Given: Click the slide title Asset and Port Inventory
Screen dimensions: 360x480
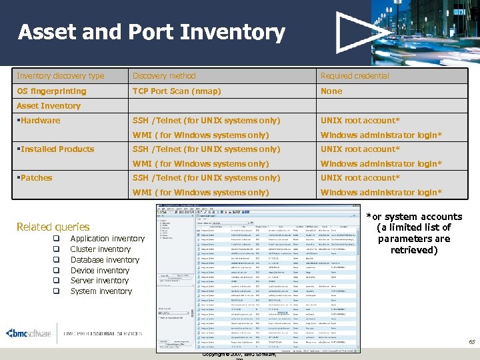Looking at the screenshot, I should pyautogui.click(x=151, y=33).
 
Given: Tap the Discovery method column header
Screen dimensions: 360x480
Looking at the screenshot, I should pyautogui.click(x=164, y=76).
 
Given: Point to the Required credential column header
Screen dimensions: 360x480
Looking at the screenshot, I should pyautogui.click(x=355, y=76).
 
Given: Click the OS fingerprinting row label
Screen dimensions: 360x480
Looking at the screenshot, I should pyautogui.click(x=51, y=91).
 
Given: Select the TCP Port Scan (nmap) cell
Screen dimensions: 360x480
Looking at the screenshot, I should pyautogui.click(x=177, y=91).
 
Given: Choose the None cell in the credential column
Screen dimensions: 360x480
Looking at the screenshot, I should pyautogui.click(x=331, y=91).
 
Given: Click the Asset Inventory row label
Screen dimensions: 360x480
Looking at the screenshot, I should pyautogui.click(x=49, y=106).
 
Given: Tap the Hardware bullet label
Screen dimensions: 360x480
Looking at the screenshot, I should pyautogui.click(x=40, y=121).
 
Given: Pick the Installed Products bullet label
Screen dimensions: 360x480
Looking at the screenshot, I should pyautogui.click(x=57, y=149).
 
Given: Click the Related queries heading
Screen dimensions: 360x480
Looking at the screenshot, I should pyautogui.click(x=53, y=227).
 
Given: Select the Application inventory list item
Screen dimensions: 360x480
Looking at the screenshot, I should pyautogui.click(x=107, y=239).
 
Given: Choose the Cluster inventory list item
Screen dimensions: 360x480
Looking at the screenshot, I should pyautogui.click(x=101, y=249).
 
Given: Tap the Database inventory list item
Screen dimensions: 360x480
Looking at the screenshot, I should pyautogui.click(x=105, y=260).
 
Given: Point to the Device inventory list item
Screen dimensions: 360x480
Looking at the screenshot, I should pyautogui.click(x=100, y=271).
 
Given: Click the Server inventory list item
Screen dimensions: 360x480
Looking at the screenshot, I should pyautogui.click(x=99, y=281).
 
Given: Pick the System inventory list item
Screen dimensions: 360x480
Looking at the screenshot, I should pyautogui.click(x=101, y=291).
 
